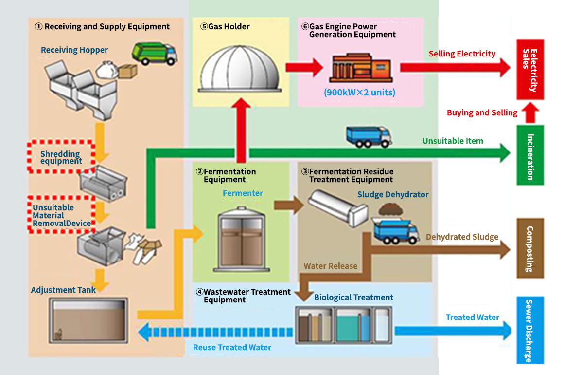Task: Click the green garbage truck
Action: (154, 54)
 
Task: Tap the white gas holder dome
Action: (240, 69)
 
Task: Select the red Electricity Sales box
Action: (530, 70)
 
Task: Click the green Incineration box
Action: (530, 155)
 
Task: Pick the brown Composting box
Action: (530, 248)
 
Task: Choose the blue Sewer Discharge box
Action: (530, 330)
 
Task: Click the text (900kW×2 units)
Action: (359, 93)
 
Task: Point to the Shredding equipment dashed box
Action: (61, 157)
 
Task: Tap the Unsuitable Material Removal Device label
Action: (62, 215)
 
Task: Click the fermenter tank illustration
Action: (241, 239)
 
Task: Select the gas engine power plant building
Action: (361, 68)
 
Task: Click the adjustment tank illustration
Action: (88, 320)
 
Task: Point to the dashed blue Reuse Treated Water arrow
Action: (215, 332)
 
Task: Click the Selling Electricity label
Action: (462, 54)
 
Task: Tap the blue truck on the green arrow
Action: (369, 136)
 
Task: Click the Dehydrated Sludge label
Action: (462, 237)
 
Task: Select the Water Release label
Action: (331, 266)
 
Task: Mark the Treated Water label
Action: (473, 318)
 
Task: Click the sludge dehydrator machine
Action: (338, 208)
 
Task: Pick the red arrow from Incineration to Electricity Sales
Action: (530, 113)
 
